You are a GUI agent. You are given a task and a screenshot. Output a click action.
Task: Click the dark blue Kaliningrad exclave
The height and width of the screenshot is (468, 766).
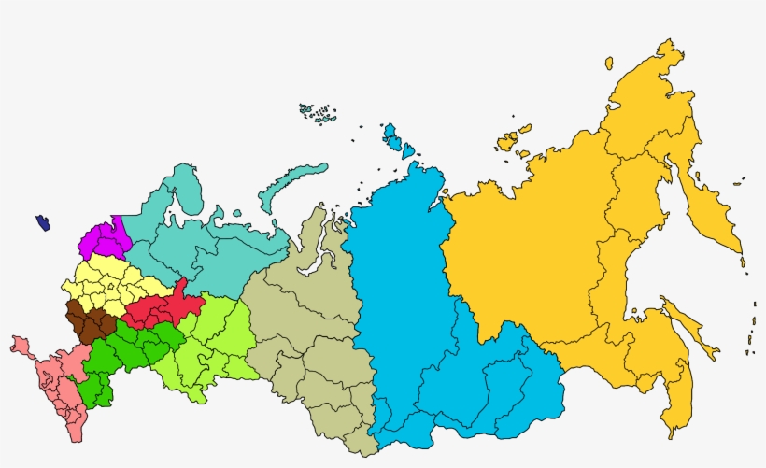[43, 223]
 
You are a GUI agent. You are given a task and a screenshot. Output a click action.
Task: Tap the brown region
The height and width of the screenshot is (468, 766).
[90, 320]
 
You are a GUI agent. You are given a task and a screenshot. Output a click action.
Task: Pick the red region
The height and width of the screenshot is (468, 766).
[159, 305]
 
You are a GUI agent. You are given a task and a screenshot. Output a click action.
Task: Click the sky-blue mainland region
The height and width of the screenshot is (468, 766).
[411, 308]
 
